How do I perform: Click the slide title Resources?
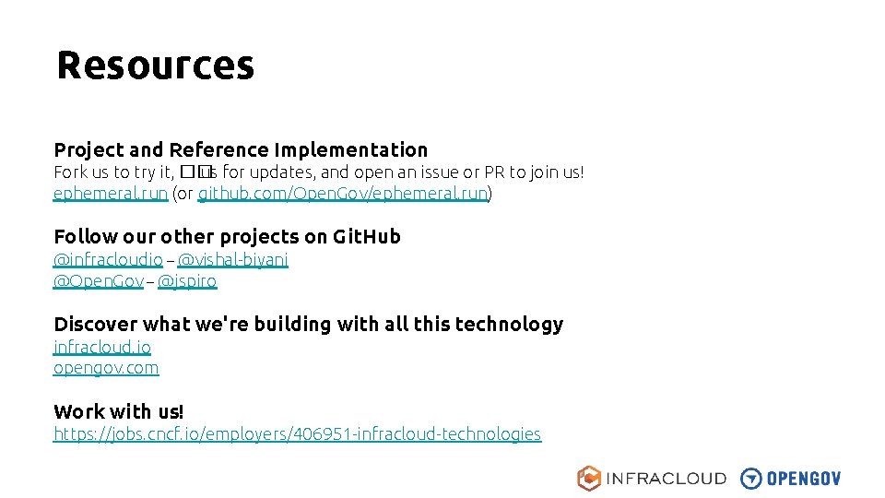click(x=155, y=65)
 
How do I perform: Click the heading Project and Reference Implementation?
click(x=241, y=149)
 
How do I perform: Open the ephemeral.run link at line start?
click(x=111, y=194)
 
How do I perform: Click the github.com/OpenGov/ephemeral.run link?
click(x=343, y=194)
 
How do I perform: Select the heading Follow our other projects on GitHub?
click(x=227, y=237)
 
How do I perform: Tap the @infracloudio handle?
click(x=108, y=260)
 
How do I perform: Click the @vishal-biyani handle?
click(x=232, y=260)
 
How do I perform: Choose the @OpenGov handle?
click(x=99, y=281)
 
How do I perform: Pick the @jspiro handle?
click(x=187, y=281)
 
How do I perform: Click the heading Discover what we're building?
click(x=308, y=324)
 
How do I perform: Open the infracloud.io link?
click(x=102, y=347)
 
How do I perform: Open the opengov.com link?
click(x=106, y=368)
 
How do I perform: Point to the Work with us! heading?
click(x=119, y=411)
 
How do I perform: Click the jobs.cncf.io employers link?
click(x=297, y=433)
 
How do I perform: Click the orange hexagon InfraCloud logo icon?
click(x=589, y=478)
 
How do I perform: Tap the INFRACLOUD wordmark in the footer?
click(x=666, y=479)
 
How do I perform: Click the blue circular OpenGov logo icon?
click(x=751, y=478)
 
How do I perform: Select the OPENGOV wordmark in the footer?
click(x=804, y=479)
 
